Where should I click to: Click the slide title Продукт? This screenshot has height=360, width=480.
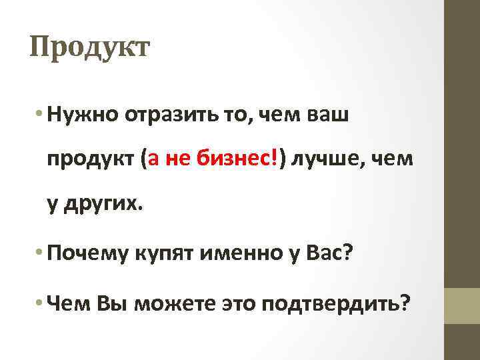(x=90, y=49)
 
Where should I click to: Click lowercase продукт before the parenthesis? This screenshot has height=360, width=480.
(x=89, y=160)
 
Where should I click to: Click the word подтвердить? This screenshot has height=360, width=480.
(x=337, y=304)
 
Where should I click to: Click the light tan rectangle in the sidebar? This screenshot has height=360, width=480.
(x=462, y=305)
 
